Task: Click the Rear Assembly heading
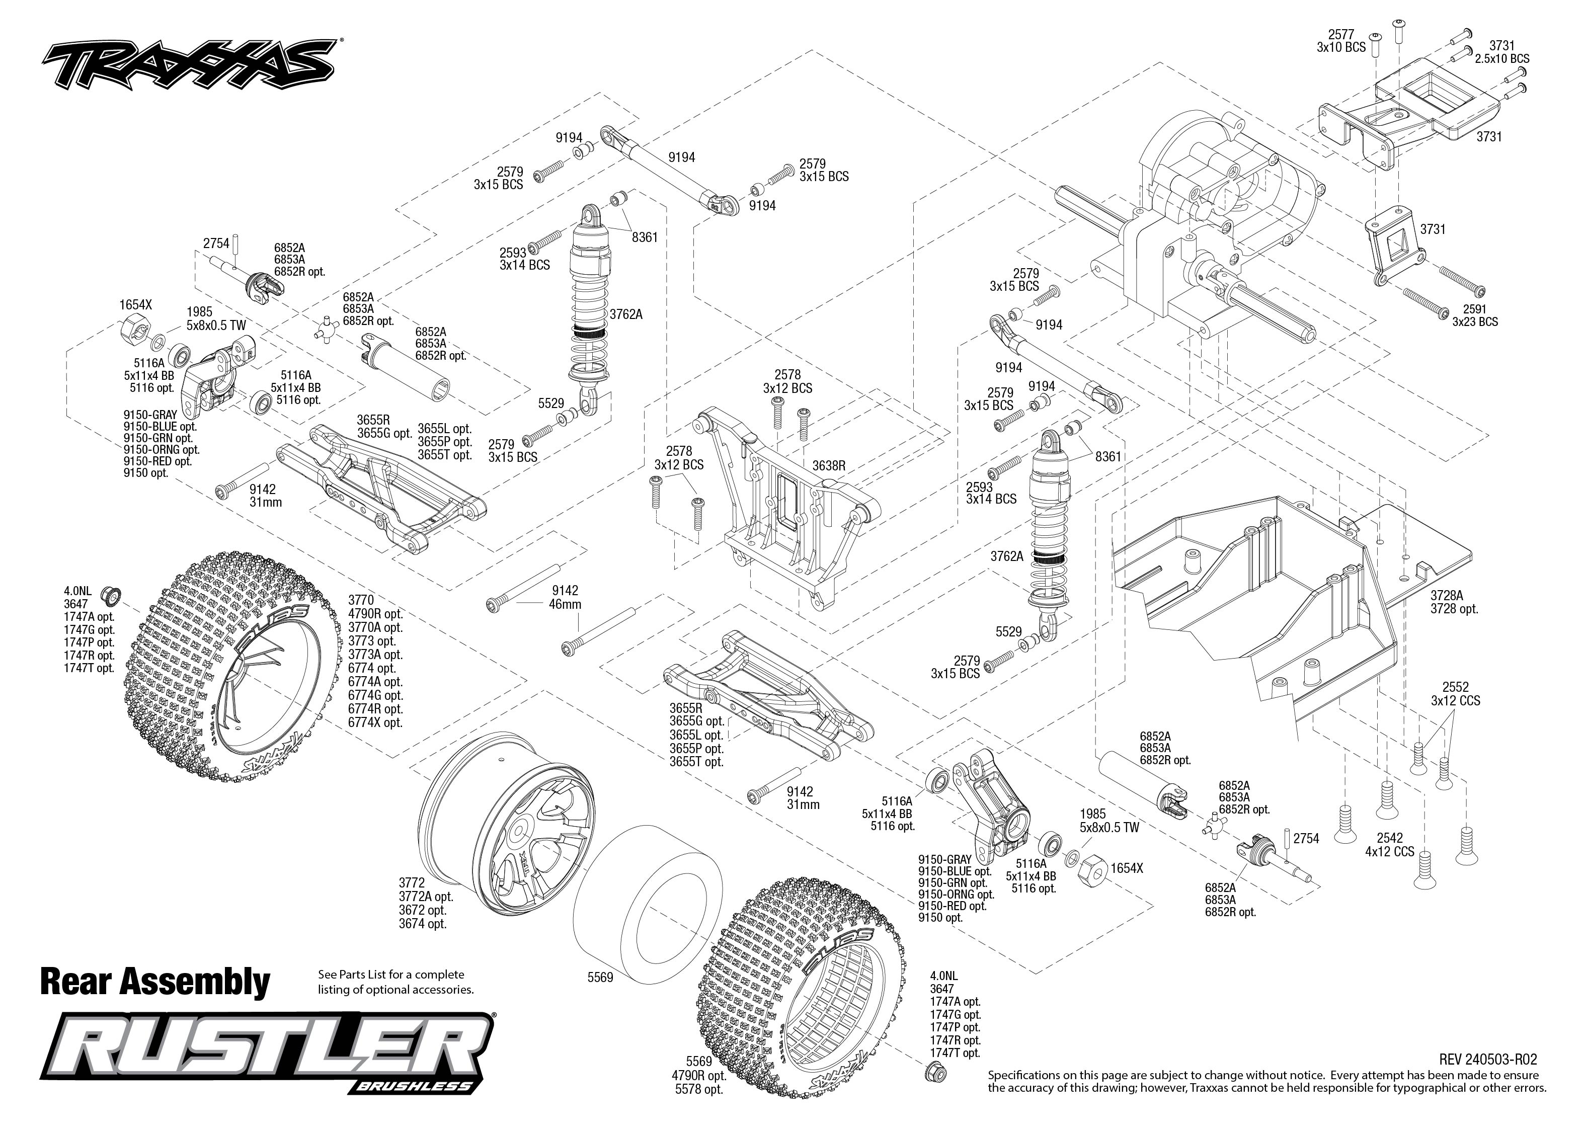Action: coord(155,982)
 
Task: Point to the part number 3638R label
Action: coord(829,465)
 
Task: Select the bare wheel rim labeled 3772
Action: coord(509,823)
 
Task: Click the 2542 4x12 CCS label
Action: coord(1390,844)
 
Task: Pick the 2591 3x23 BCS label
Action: coord(1475,315)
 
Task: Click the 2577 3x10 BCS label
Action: coord(1341,40)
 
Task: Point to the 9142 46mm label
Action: coord(565,597)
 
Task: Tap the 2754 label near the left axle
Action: coord(216,244)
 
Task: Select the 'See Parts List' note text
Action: coord(395,982)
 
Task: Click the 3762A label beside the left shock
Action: coord(626,314)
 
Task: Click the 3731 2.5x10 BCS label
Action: coord(1501,52)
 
